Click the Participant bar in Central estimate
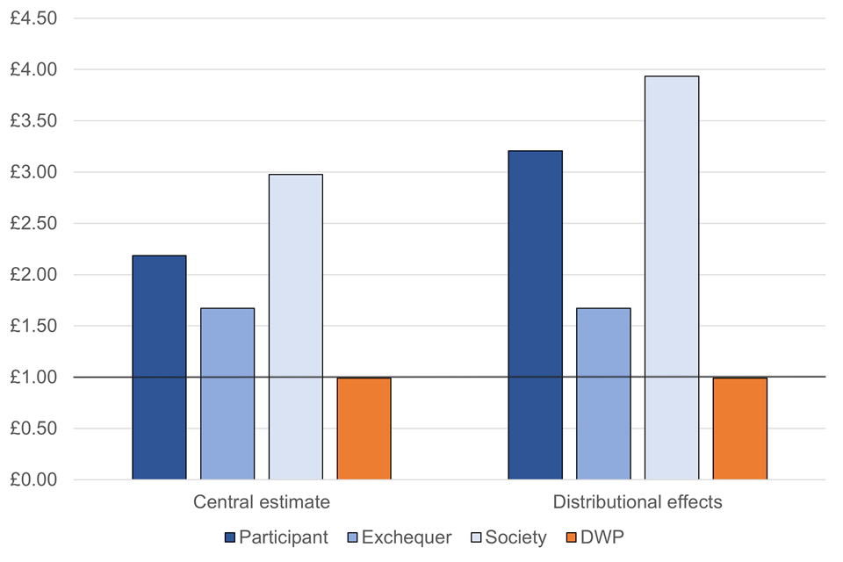click(159, 367)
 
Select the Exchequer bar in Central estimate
click(227, 393)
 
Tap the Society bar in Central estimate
click(296, 327)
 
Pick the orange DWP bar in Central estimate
click(364, 429)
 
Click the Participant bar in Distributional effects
click(535, 314)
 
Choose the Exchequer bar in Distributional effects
click(603, 393)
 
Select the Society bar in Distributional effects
click(672, 277)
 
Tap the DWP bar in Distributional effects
click(740, 429)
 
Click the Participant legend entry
click(277, 537)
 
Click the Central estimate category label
click(262, 503)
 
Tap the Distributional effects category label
click(638, 503)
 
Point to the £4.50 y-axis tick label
click(33, 18)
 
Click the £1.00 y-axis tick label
click(33, 378)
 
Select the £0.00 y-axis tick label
click(33, 480)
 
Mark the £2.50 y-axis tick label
click(33, 223)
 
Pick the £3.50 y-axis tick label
click(33, 120)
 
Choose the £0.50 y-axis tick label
click(33, 429)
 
